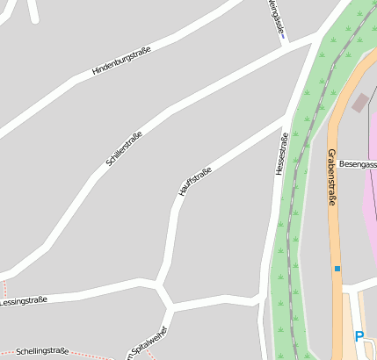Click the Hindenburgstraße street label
pos(122,60)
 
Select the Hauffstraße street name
pos(194,180)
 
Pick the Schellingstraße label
pos(42,350)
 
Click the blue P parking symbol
pos(359,336)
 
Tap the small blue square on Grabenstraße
pos(337,268)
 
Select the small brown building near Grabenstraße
pos(360,102)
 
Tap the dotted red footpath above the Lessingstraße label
pos(4,289)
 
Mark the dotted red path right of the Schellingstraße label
pos(97,355)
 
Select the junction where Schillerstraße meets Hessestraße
pos(316,37)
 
